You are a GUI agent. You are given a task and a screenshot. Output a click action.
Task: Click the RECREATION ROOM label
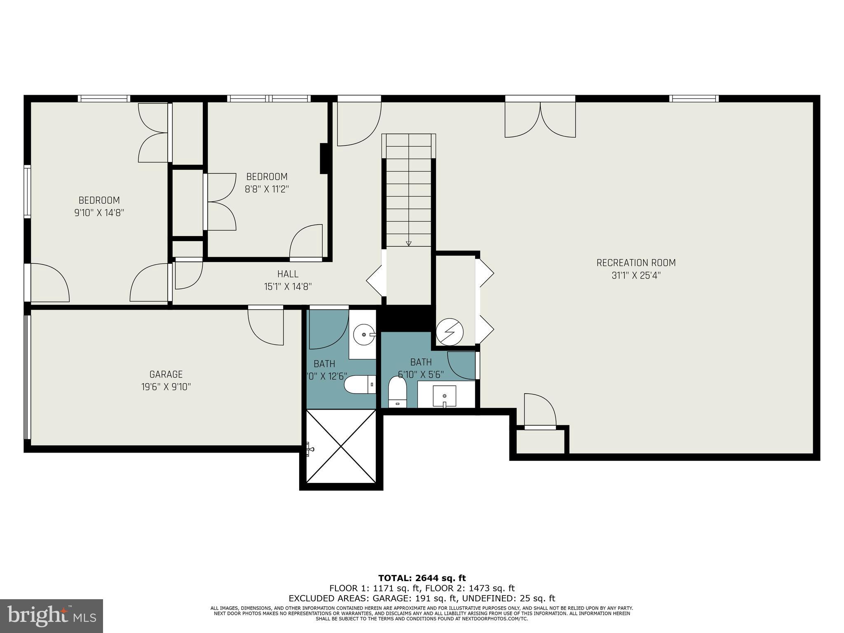coord(636,263)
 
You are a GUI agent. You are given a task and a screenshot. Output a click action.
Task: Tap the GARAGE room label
coord(166,374)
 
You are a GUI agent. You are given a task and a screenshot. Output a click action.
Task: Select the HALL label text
coord(288,274)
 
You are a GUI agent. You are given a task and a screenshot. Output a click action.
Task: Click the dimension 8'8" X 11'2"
coord(267,189)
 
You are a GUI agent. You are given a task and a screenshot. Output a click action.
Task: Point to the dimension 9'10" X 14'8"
coord(99,213)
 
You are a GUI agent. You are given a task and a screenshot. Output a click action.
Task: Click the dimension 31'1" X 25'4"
coord(636,275)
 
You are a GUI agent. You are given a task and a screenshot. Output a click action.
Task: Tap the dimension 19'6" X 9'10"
coord(166,387)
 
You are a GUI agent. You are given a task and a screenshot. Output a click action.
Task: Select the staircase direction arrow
coord(408,243)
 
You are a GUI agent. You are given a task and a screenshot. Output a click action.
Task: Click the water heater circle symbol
coord(450,331)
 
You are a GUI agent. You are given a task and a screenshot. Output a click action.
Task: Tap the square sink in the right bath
coord(444,396)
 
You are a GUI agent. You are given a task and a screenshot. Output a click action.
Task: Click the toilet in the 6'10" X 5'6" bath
coord(397,392)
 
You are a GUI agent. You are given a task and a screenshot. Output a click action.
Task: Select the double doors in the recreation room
coord(540,120)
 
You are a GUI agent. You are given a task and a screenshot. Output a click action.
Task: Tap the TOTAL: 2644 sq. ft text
coord(422,578)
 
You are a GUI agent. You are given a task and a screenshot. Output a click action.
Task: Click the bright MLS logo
coord(52,616)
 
